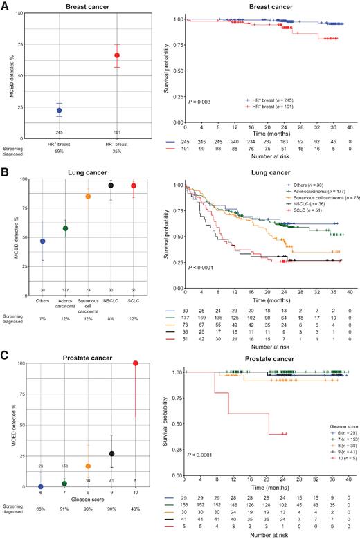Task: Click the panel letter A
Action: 5,6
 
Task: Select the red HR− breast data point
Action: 117,55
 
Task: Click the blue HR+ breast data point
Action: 59,110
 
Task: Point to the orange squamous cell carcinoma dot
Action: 88,197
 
